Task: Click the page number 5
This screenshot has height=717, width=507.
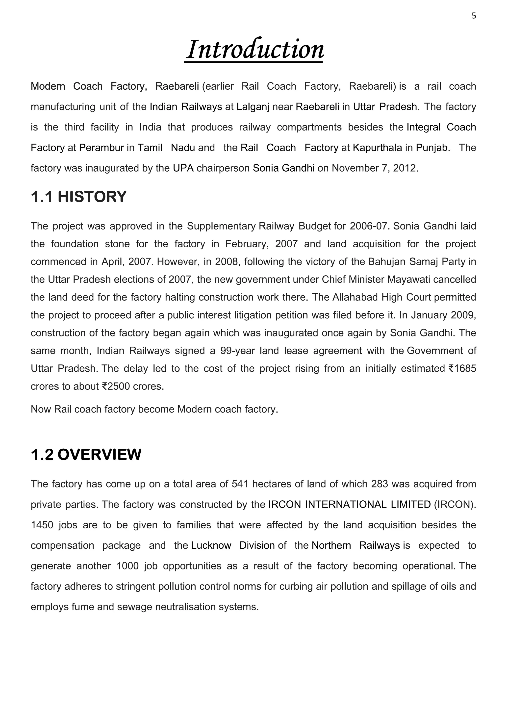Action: (x=474, y=16)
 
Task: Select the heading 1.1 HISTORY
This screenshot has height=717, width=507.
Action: (x=78, y=197)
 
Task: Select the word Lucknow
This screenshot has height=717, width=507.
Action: (x=211, y=546)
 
